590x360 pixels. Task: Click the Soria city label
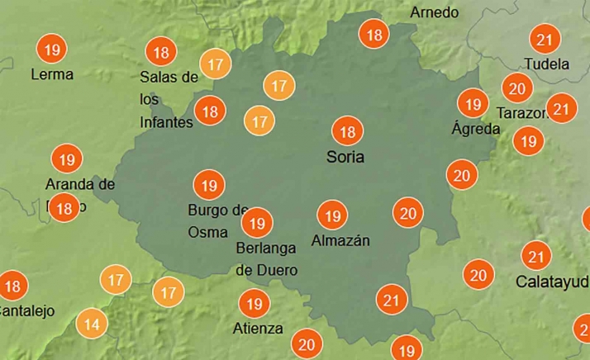tap(345, 157)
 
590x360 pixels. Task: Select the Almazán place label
tap(340, 241)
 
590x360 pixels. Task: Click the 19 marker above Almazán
tap(332, 216)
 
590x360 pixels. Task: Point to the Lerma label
tap(51, 74)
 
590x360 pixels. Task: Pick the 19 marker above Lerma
tap(53, 50)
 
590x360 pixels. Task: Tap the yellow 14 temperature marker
tap(91, 324)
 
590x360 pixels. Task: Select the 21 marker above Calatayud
tap(538, 255)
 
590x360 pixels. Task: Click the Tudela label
tap(546, 64)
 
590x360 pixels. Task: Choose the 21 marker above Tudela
tap(545, 39)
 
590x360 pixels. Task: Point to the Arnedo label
tap(434, 12)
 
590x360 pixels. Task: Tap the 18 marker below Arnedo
tap(374, 35)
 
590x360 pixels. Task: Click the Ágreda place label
tap(476, 129)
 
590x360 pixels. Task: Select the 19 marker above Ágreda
tap(473, 104)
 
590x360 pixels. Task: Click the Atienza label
tap(258, 329)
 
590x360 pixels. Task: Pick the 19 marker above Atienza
tap(254, 304)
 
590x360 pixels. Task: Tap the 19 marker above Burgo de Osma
tap(207, 184)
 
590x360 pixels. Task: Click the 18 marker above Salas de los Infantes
tap(160, 53)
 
